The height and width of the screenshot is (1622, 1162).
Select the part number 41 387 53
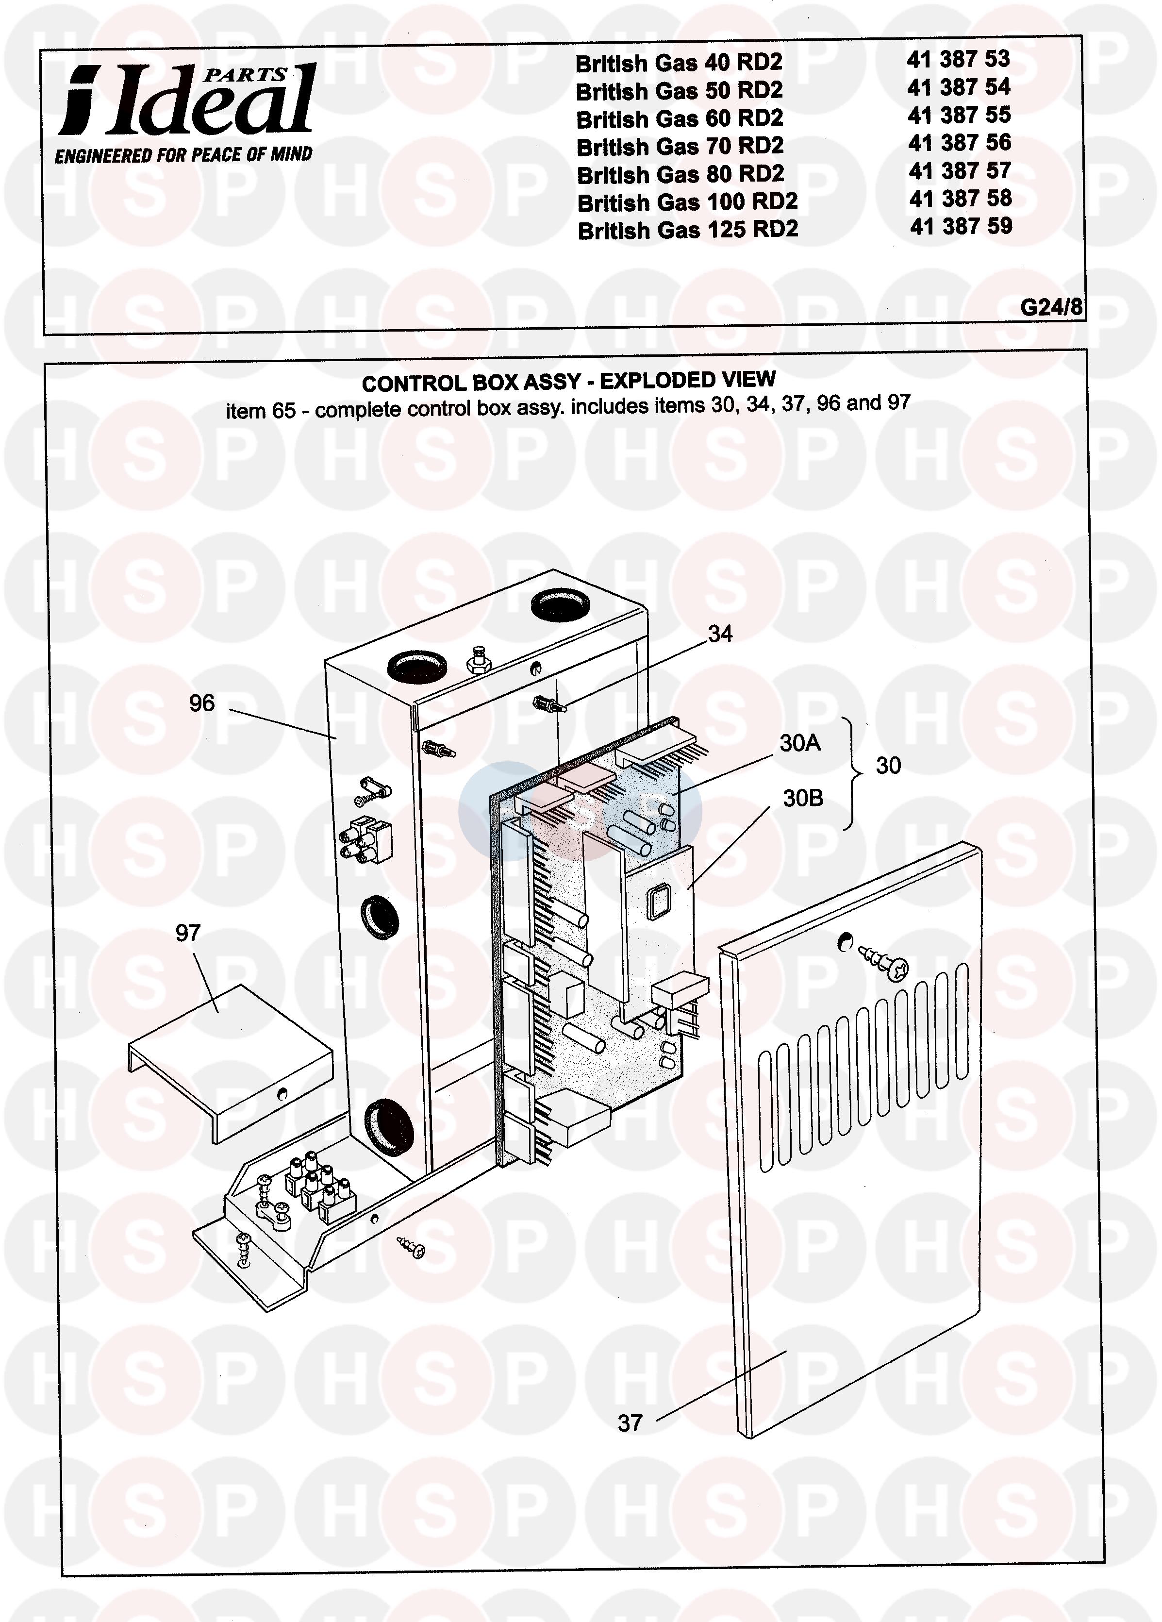tap(958, 59)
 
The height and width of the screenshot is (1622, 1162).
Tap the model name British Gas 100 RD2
tap(687, 202)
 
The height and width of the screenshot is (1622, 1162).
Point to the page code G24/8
tap(1051, 307)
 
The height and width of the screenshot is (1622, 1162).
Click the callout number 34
tap(720, 634)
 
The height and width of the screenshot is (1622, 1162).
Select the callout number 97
tap(188, 933)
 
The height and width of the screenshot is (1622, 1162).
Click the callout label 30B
tap(803, 798)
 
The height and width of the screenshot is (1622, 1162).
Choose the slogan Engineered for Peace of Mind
tap(184, 154)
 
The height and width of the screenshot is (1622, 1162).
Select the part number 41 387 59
tap(961, 227)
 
